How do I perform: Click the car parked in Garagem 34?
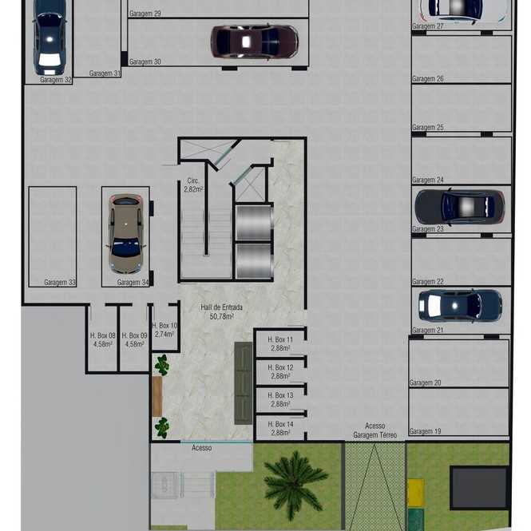(x=126, y=233)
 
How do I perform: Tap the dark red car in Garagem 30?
(x=255, y=42)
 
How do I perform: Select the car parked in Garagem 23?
(x=460, y=206)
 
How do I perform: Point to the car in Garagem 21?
(x=460, y=305)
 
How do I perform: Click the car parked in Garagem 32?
(x=50, y=38)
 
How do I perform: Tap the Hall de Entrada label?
(x=221, y=307)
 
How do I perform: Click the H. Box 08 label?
(x=103, y=335)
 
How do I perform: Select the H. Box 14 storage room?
(x=280, y=428)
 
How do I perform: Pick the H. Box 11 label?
(x=280, y=339)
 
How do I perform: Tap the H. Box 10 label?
(x=164, y=326)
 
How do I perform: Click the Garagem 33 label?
(x=60, y=282)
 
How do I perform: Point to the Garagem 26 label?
(x=428, y=78)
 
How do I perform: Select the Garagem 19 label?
(x=425, y=431)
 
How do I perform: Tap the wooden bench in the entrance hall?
(x=157, y=397)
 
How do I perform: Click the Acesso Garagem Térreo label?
(x=374, y=430)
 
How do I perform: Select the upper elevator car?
(x=254, y=223)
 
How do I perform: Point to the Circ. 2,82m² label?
(x=193, y=185)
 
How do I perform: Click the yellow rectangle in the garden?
(x=415, y=493)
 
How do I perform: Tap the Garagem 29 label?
(x=145, y=14)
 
